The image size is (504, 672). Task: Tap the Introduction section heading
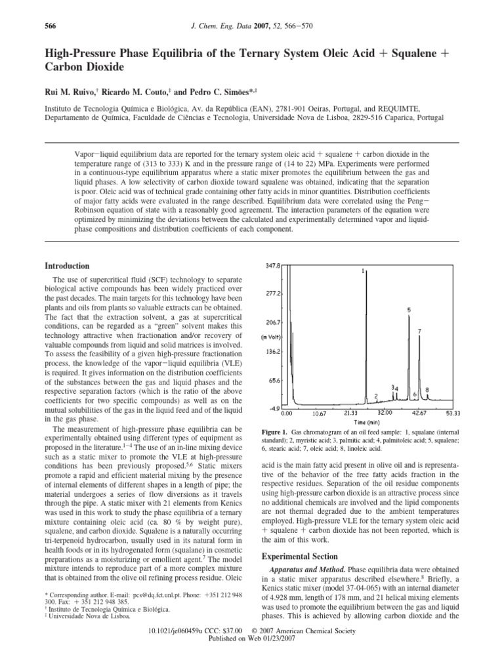66,266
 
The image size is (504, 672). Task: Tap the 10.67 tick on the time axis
320,413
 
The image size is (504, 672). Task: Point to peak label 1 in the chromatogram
363,270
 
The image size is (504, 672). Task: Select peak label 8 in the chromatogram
427,389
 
